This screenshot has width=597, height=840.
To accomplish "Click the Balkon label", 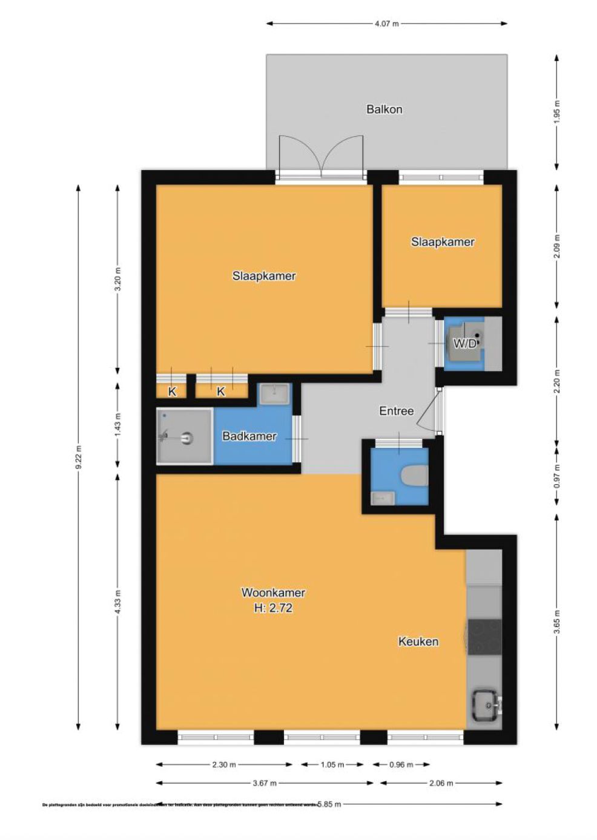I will point(384,110).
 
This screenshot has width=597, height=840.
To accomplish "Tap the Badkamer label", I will point(249,436).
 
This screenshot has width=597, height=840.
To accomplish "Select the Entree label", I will point(396,411).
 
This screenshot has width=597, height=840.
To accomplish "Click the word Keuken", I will point(418,641).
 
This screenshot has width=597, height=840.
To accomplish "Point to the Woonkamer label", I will point(273,592).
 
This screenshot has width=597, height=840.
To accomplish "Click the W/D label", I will point(464,344).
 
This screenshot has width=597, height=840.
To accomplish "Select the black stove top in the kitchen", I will point(484,637).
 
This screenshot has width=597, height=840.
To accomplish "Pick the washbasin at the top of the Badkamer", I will point(274,394).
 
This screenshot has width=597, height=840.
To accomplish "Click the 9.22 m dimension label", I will point(78,457).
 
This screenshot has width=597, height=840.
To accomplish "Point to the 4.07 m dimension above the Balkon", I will point(386,24).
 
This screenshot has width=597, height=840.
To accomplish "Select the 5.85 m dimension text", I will point(329,804).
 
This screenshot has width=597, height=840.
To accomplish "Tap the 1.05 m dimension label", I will point(332,764).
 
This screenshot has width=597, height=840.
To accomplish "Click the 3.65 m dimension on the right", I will point(556,622).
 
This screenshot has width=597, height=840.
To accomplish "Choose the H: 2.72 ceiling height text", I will point(273,608).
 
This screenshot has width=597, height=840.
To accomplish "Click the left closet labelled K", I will point(172,392).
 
